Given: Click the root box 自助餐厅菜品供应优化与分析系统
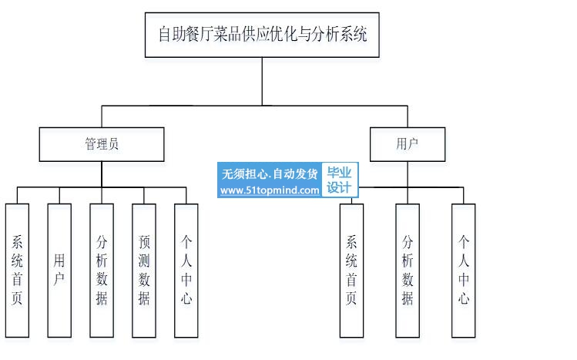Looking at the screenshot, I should pyautogui.click(x=262, y=35).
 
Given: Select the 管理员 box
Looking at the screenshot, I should pyautogui.click(x=102, y=144).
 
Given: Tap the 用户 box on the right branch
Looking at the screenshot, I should pyautogui.click(x=408, y=144).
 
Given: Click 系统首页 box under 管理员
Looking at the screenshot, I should pyautogui.click(x=17, y=270).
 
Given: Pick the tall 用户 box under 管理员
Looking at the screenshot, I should pyautogui.click(x=59, y=270).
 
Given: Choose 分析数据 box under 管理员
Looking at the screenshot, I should pyautogui.click(x=102, y=270).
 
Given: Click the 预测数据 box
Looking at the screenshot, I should pyautogui.click(x=144, y=270).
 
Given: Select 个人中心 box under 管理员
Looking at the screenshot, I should pyautogui.click(x=186, y=270).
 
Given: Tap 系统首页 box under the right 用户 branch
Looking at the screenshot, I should pyautogui.click(x=351, y=270).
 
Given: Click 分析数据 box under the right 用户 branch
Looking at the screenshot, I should pyautogui.click(x=408, y=270).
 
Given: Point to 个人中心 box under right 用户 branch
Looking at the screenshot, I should pyautogui.click(x=463, y=270).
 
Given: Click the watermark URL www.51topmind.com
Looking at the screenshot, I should pyautogui.click(x=270, y=190).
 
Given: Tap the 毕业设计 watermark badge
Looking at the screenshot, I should pyautogui.click(x=339, y=181).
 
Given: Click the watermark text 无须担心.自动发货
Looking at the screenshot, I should pyautogui.click(x=270, y=173).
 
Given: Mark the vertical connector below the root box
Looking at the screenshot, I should pyautogui.click(x=262, y=80).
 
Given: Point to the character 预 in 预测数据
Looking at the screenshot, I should pyautogui.click(x=144, y=241).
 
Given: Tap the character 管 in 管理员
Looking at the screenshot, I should pyautogui.click(x=90, y=144).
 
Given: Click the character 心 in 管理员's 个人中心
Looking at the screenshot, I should pyautogui.click(x=186, y=298).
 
